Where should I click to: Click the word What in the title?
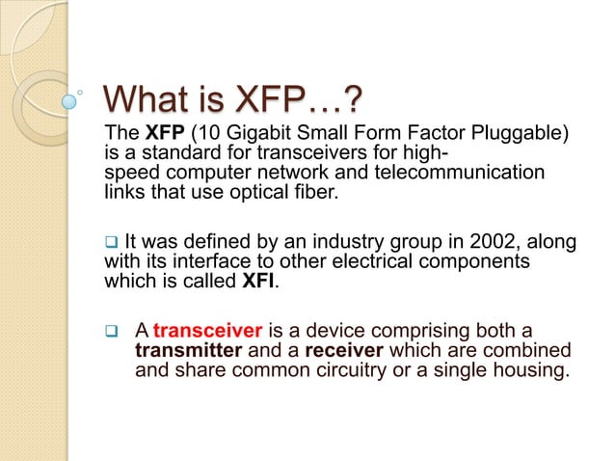coord(155,99)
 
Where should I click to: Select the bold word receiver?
coord(343,348)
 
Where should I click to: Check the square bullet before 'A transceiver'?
coord(110,331)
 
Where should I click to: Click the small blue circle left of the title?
coord(68,99)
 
